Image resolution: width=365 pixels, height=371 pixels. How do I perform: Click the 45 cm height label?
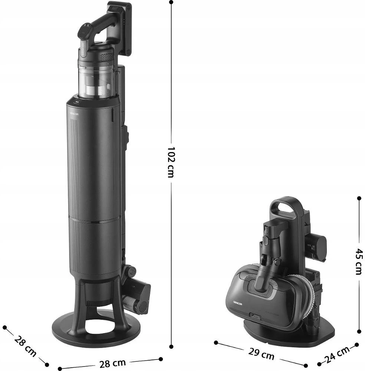359,262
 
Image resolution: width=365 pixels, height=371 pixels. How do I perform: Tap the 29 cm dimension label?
261,354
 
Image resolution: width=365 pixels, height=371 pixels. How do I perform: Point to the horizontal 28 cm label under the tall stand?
112,364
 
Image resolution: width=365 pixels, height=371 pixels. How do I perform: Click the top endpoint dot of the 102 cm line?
171,2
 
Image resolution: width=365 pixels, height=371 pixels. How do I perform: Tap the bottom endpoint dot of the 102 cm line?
171,347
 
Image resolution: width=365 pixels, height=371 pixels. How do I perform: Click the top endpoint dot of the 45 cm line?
359,198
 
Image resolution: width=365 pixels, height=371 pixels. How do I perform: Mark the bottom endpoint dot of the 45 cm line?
359,331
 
